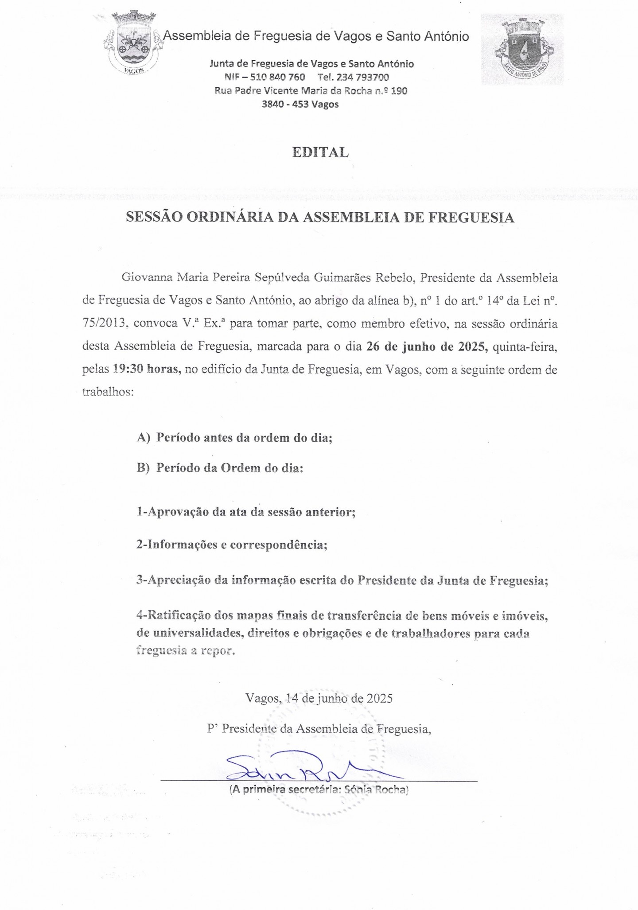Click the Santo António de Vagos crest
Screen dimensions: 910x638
click(x=523, y=50)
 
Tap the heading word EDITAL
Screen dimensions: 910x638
click(x=320, y=152)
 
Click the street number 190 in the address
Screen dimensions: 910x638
click(x=399, y=91)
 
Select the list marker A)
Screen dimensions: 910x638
click(x=144, y=438)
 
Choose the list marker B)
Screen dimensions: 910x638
click(x=144, y=468)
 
